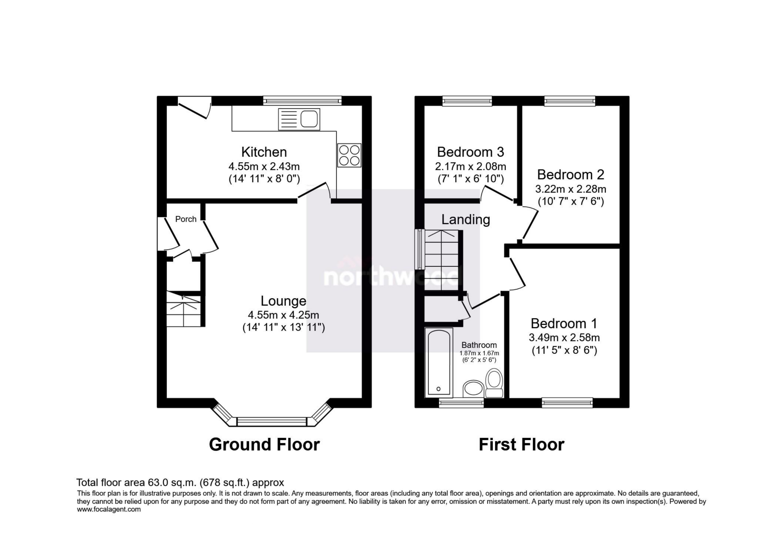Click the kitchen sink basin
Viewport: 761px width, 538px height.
click(309, 119)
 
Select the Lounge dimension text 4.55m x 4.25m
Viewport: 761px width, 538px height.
click(283, 315)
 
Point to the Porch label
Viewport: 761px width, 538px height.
click(186, 219)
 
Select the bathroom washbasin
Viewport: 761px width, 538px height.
click(473, 388)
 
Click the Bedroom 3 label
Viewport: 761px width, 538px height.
click(470, 152)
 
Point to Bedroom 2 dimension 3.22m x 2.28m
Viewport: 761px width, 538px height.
click(570, 189)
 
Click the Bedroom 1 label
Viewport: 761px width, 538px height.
click(564, 323)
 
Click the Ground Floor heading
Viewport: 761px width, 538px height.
click(264, 445)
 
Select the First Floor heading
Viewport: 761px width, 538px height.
click(521, 445)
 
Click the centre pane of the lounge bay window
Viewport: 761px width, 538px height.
click(272, 421)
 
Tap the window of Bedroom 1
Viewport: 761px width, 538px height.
click(567, 403)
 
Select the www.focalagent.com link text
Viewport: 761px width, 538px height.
click(109, 510)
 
